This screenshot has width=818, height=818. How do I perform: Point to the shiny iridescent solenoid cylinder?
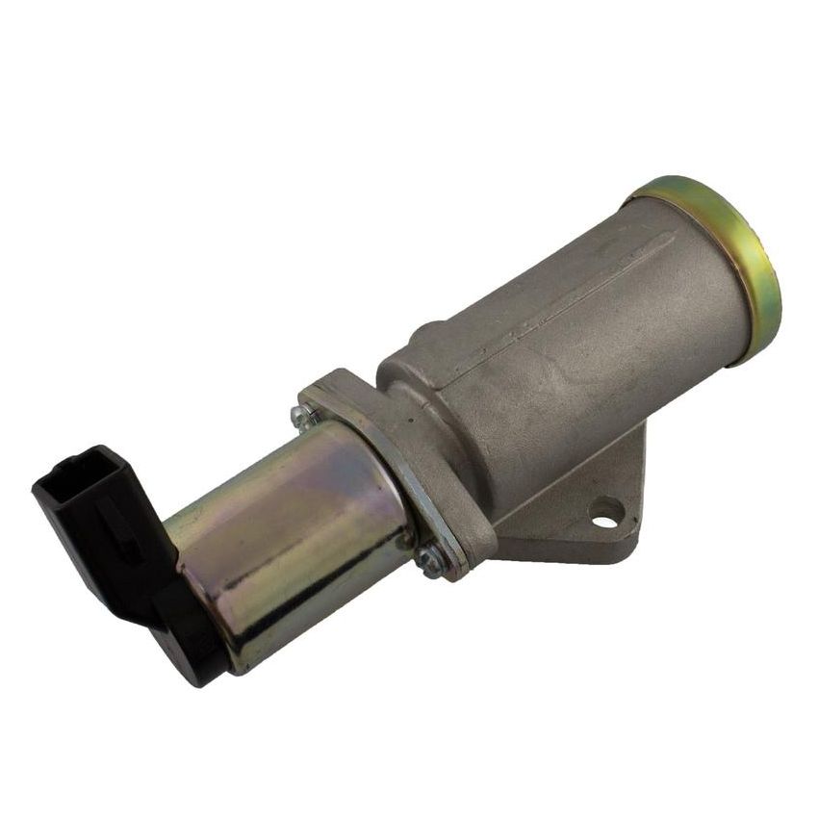click(289, 539)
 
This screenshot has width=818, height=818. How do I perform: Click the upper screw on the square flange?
click(302, 417)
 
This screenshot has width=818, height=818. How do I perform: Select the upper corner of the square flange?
click(327, 380)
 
